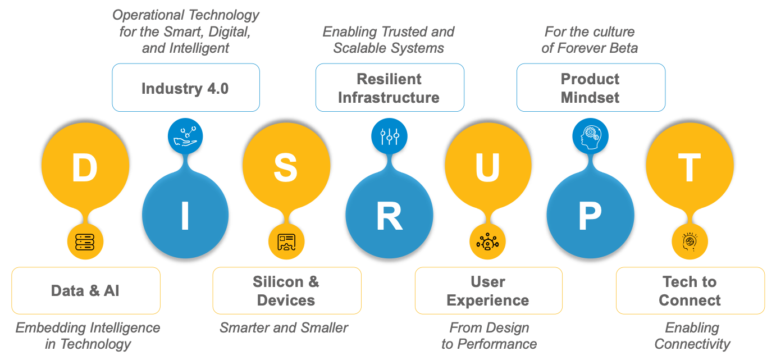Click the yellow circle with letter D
[x=85, y=167]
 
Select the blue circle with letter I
[x=185, y=215]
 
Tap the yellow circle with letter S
[x=286, y=167]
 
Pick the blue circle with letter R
[x=389, y=215]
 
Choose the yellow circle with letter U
[x=488, y=167]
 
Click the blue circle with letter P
[x=590, y=215]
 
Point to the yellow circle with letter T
[x=690, y=167]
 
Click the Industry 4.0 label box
[x=185, y=88]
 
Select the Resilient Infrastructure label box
[x=389, y=88]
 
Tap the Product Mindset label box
[x=590, y=88]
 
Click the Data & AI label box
[x=85, y=290]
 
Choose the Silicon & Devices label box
[x=286, y=290]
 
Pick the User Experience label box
[x=488, y=290]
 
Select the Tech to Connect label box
[x=690, y=290]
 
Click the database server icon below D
[x=85, y=242]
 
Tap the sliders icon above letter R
[x=389, y=136]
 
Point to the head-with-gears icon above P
[x=590, y=136]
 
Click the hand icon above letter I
[x=185, y=136]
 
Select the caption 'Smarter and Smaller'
[x=284, y=327]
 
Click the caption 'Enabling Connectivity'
[x=692, y=335]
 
